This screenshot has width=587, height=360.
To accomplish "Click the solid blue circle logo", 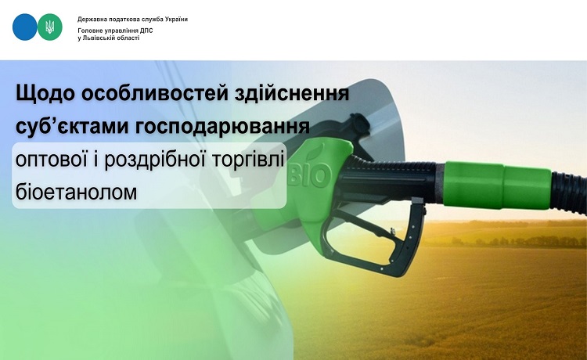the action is coord(25,27).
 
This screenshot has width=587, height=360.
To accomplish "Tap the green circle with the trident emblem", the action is coord(50,27).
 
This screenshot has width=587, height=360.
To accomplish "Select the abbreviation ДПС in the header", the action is coord(146,31).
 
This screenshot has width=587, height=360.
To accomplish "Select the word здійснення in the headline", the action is coord(292,94).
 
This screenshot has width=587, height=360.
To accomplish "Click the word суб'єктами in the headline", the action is coord(70,127).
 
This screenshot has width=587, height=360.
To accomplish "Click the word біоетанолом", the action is coord(77,192).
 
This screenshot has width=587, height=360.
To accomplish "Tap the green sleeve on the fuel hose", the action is coord(498,184).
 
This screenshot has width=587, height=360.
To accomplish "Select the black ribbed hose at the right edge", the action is coord(569,193).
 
